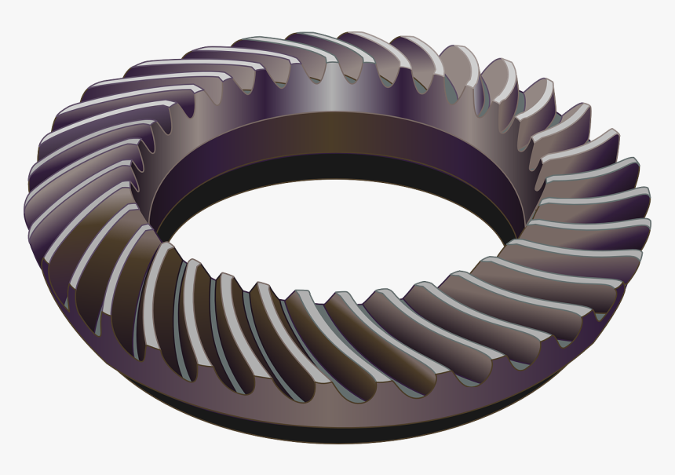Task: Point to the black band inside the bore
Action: pos(337,166)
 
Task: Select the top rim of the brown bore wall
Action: pos(337,115)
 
